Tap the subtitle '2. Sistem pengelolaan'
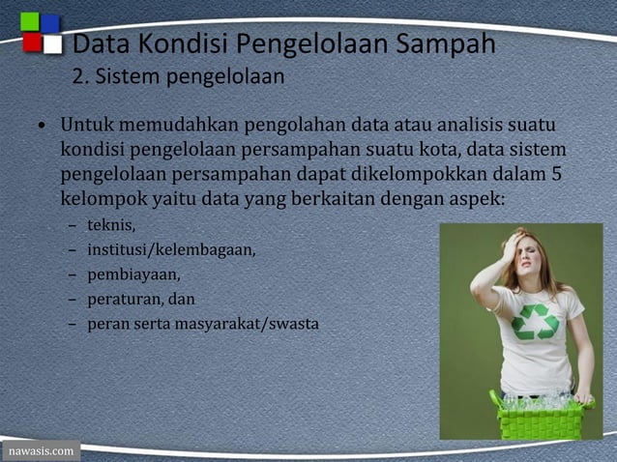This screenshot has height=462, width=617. point(178,76)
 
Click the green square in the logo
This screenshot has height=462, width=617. point(30,21)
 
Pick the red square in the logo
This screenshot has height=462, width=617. point(32,43)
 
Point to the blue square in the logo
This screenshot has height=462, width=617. point(50,22)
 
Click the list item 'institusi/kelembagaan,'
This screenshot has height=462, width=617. point(171,249)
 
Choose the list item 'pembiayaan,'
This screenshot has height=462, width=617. point(133,274)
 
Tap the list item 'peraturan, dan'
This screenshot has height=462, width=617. point(141,299)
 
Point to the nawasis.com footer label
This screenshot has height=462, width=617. point(40,451)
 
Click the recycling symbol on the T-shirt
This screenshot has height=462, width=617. point(535,321)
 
